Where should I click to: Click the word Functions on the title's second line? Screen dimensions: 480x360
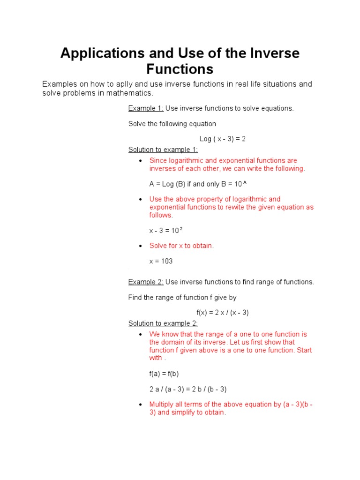(x=180, y=69)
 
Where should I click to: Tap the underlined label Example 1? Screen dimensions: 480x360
(x=145, y=108)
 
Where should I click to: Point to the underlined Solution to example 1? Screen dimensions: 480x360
(x=163, y=150)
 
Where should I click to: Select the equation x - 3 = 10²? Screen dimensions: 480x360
(x=166, y=230)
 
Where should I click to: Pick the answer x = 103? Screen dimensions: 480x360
(x=161, y=261)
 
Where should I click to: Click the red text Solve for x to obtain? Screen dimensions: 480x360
(x=181, y=246)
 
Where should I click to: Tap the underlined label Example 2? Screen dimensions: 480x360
(x=145, y=282)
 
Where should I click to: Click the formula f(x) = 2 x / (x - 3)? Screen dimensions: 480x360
(x=222, y=313)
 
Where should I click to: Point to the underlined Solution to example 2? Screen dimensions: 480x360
(x=163, y=323)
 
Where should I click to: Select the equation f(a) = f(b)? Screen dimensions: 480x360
(x=164, y=374)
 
